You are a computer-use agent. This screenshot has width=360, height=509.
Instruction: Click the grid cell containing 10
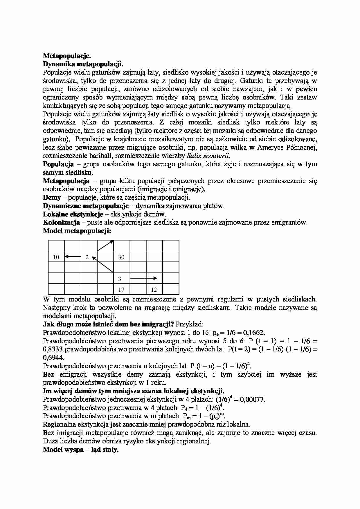point(56,257)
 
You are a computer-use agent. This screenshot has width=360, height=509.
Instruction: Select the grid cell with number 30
point(121,257)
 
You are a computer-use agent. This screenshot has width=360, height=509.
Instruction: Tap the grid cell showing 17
point(121,290)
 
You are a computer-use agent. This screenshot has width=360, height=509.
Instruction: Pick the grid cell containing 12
point(154,290)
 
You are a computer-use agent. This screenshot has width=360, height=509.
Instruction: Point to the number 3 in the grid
point(120,279)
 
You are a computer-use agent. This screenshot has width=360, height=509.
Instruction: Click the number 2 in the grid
point(87,257)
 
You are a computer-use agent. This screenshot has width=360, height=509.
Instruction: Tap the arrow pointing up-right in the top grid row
point(105,245)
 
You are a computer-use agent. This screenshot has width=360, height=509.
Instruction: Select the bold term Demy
point(52,198)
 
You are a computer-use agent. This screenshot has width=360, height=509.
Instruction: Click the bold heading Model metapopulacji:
point(77,231)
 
